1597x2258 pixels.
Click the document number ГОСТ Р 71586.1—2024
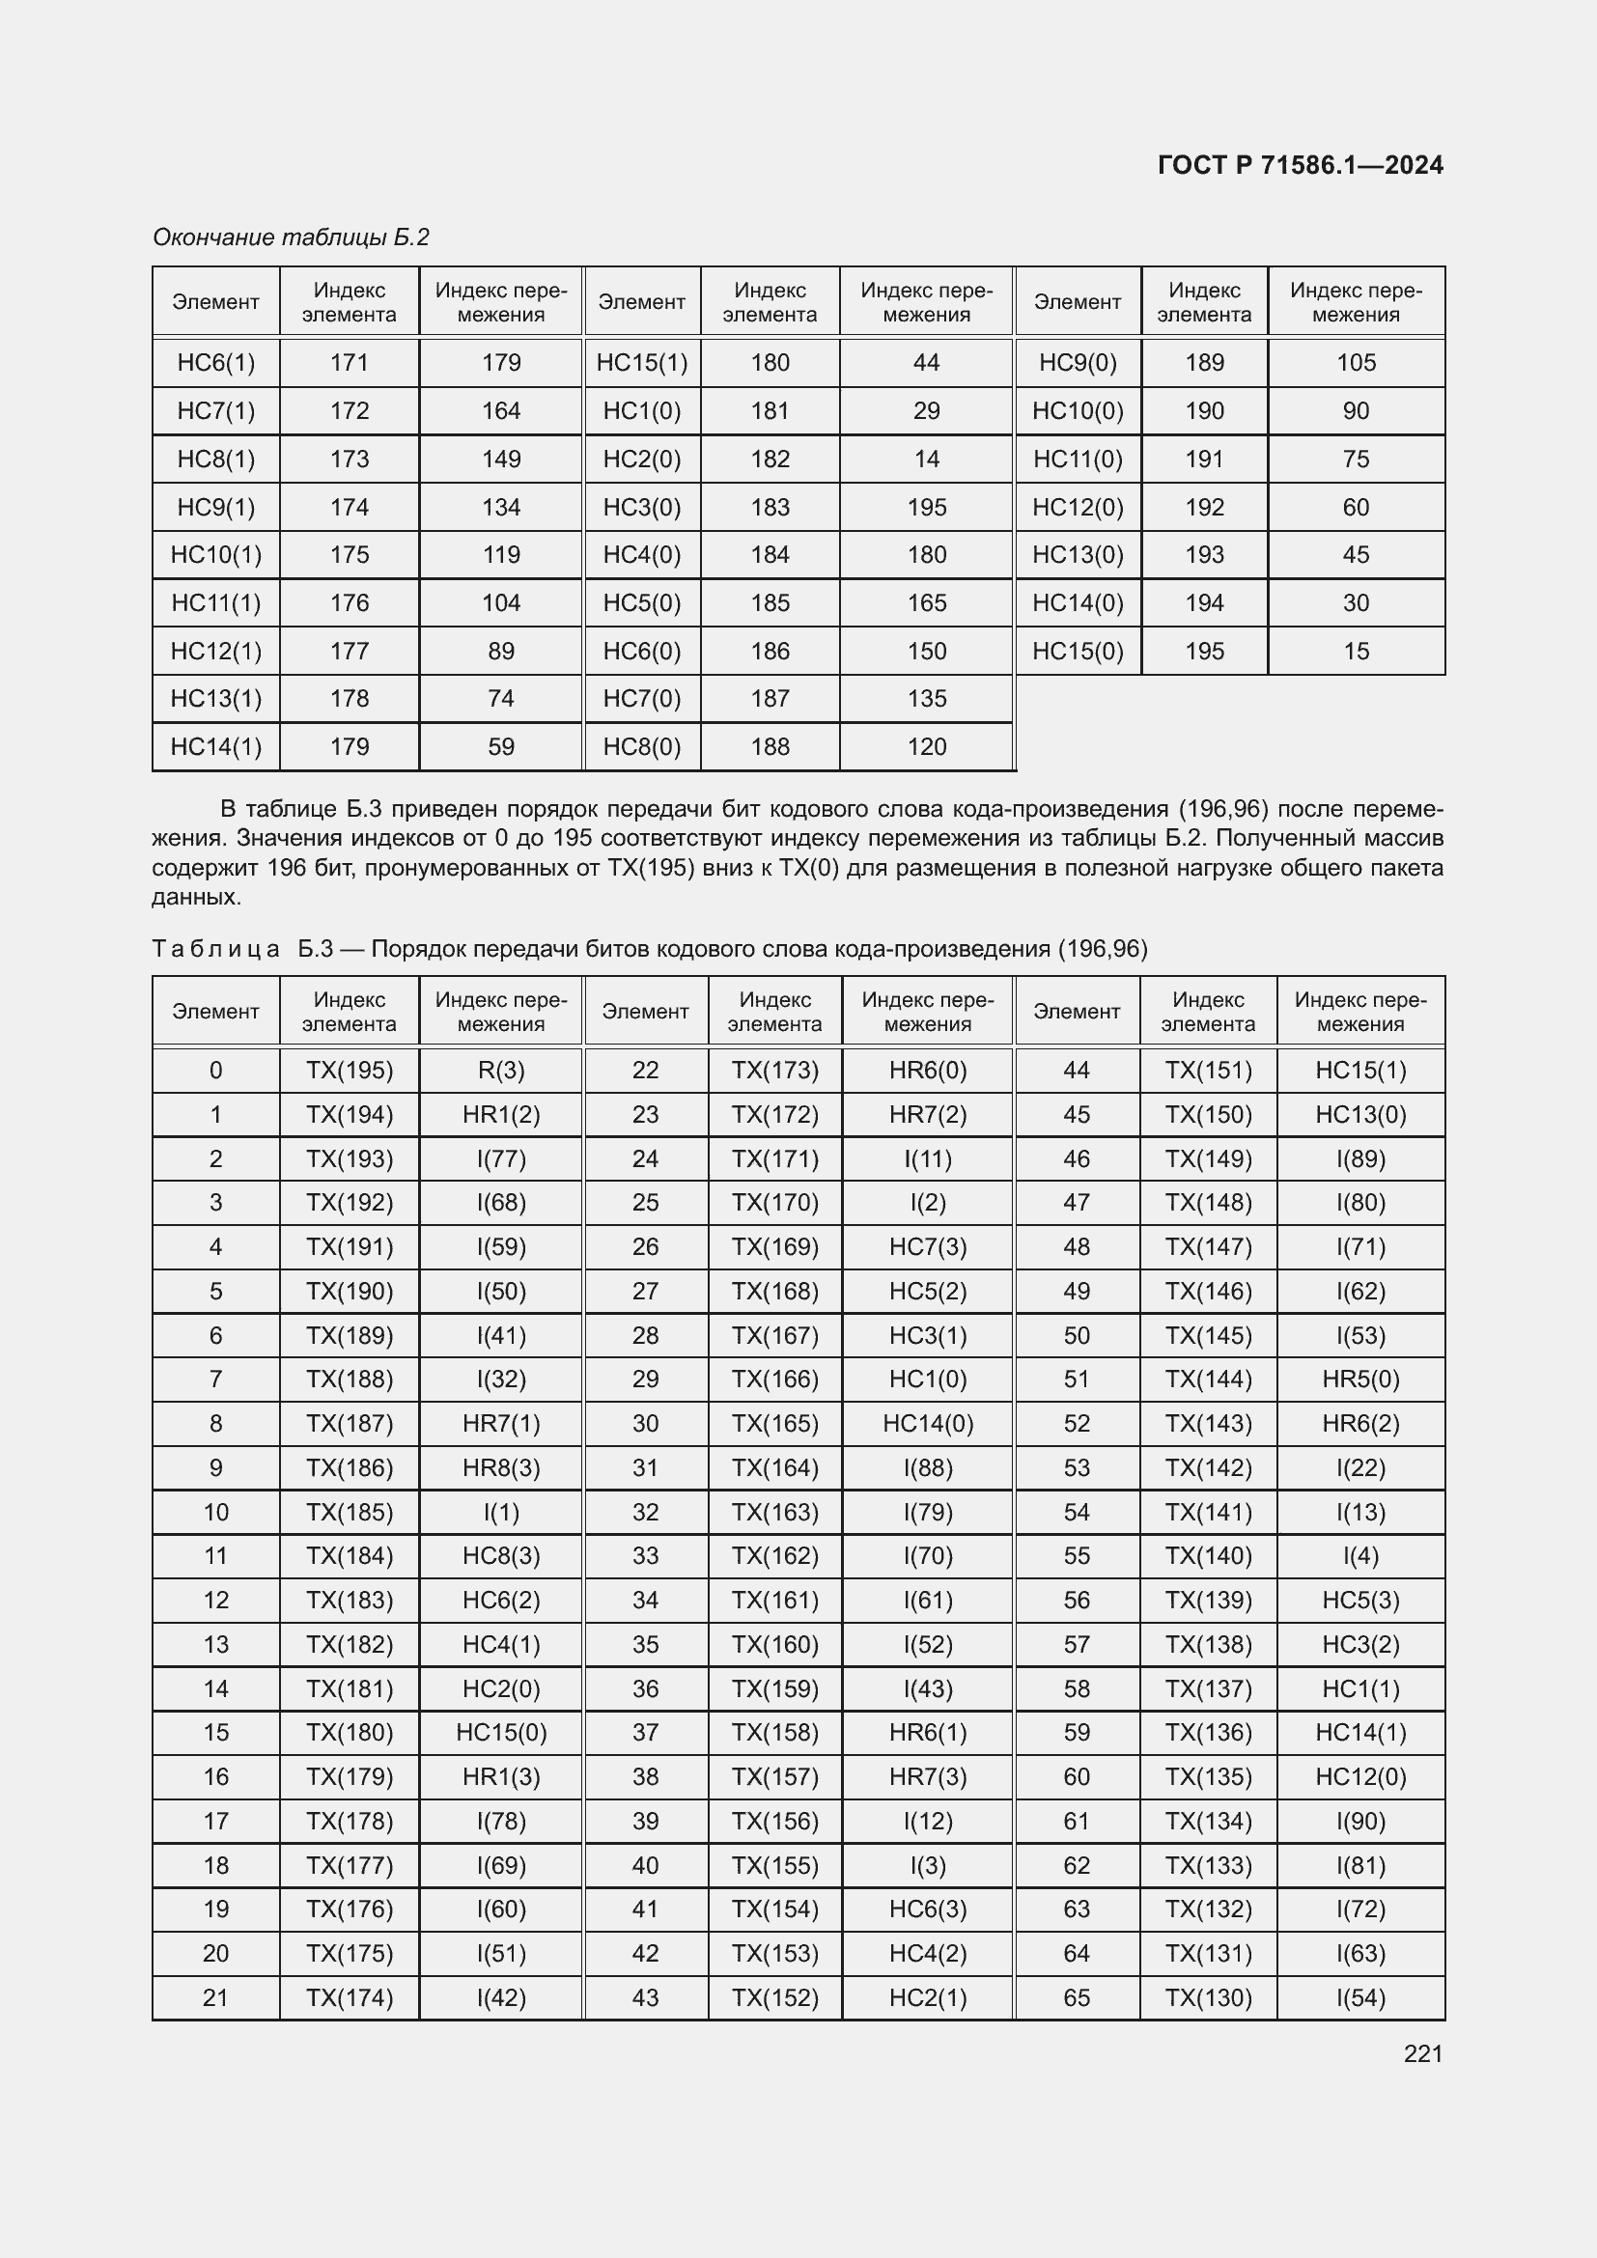1299,165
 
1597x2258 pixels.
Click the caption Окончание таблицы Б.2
291,237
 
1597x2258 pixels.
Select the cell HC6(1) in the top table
215,363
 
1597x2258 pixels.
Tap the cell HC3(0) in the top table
641,508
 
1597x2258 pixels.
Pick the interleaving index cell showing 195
925,508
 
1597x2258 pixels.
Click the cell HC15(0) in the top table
1077,651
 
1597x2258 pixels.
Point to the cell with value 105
1355,363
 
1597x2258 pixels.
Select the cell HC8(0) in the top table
641,747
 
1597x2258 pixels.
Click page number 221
1422,2053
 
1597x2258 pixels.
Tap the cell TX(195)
350,1070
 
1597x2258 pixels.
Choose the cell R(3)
500,1070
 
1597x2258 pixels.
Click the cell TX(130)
1208,1997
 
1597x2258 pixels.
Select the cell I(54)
1360,1997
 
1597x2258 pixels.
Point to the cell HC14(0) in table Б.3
926,1423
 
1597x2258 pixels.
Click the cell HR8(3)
500,1467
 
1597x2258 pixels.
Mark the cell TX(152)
774,1997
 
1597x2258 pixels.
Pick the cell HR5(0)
1360,1379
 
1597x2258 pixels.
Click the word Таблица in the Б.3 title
216,949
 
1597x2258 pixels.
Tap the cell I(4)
1360,1556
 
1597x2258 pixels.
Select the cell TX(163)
774,1512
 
